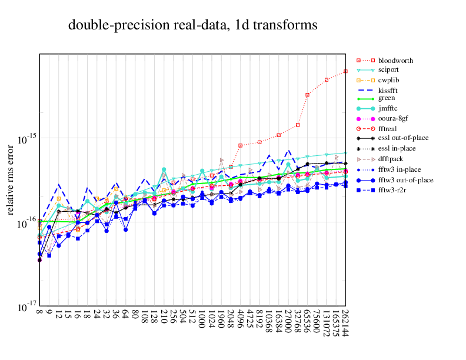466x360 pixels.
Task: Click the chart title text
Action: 193,25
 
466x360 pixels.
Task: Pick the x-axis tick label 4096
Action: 241,322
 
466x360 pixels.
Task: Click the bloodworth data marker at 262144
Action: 345,72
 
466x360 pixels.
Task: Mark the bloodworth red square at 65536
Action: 307,94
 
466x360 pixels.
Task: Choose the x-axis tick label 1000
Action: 202,322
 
